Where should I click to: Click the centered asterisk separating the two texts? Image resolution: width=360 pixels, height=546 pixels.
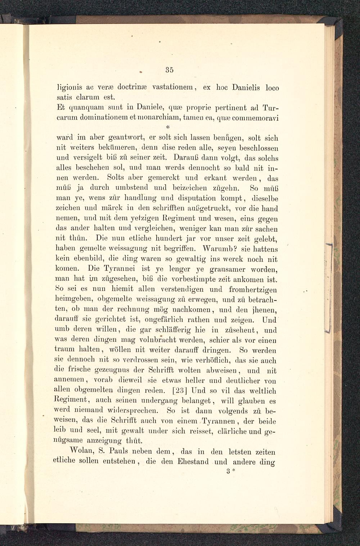pyautogui.click(x=168, y=127)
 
